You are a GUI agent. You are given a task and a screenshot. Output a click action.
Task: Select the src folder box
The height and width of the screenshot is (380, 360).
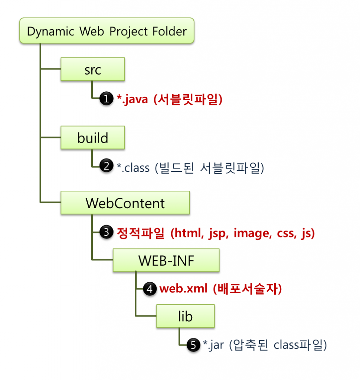92,69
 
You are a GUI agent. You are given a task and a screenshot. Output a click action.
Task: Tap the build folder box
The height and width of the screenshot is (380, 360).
92,138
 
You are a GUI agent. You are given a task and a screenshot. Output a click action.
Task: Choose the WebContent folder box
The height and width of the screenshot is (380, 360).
125,203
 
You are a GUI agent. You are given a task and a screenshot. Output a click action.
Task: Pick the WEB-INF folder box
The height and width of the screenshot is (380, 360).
166,261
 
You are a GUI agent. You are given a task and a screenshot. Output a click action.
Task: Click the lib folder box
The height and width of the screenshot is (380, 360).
185,316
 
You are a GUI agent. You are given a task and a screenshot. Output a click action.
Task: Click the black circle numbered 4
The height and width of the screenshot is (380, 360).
150,289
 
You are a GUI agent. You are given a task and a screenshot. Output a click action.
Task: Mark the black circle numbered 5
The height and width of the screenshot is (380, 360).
193,345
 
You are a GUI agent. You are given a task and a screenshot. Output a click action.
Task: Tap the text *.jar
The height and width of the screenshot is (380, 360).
213,345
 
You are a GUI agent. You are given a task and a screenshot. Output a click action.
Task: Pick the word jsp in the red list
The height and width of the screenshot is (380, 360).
218,234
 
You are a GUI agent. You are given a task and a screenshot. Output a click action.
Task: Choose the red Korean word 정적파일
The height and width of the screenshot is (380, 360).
141,233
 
